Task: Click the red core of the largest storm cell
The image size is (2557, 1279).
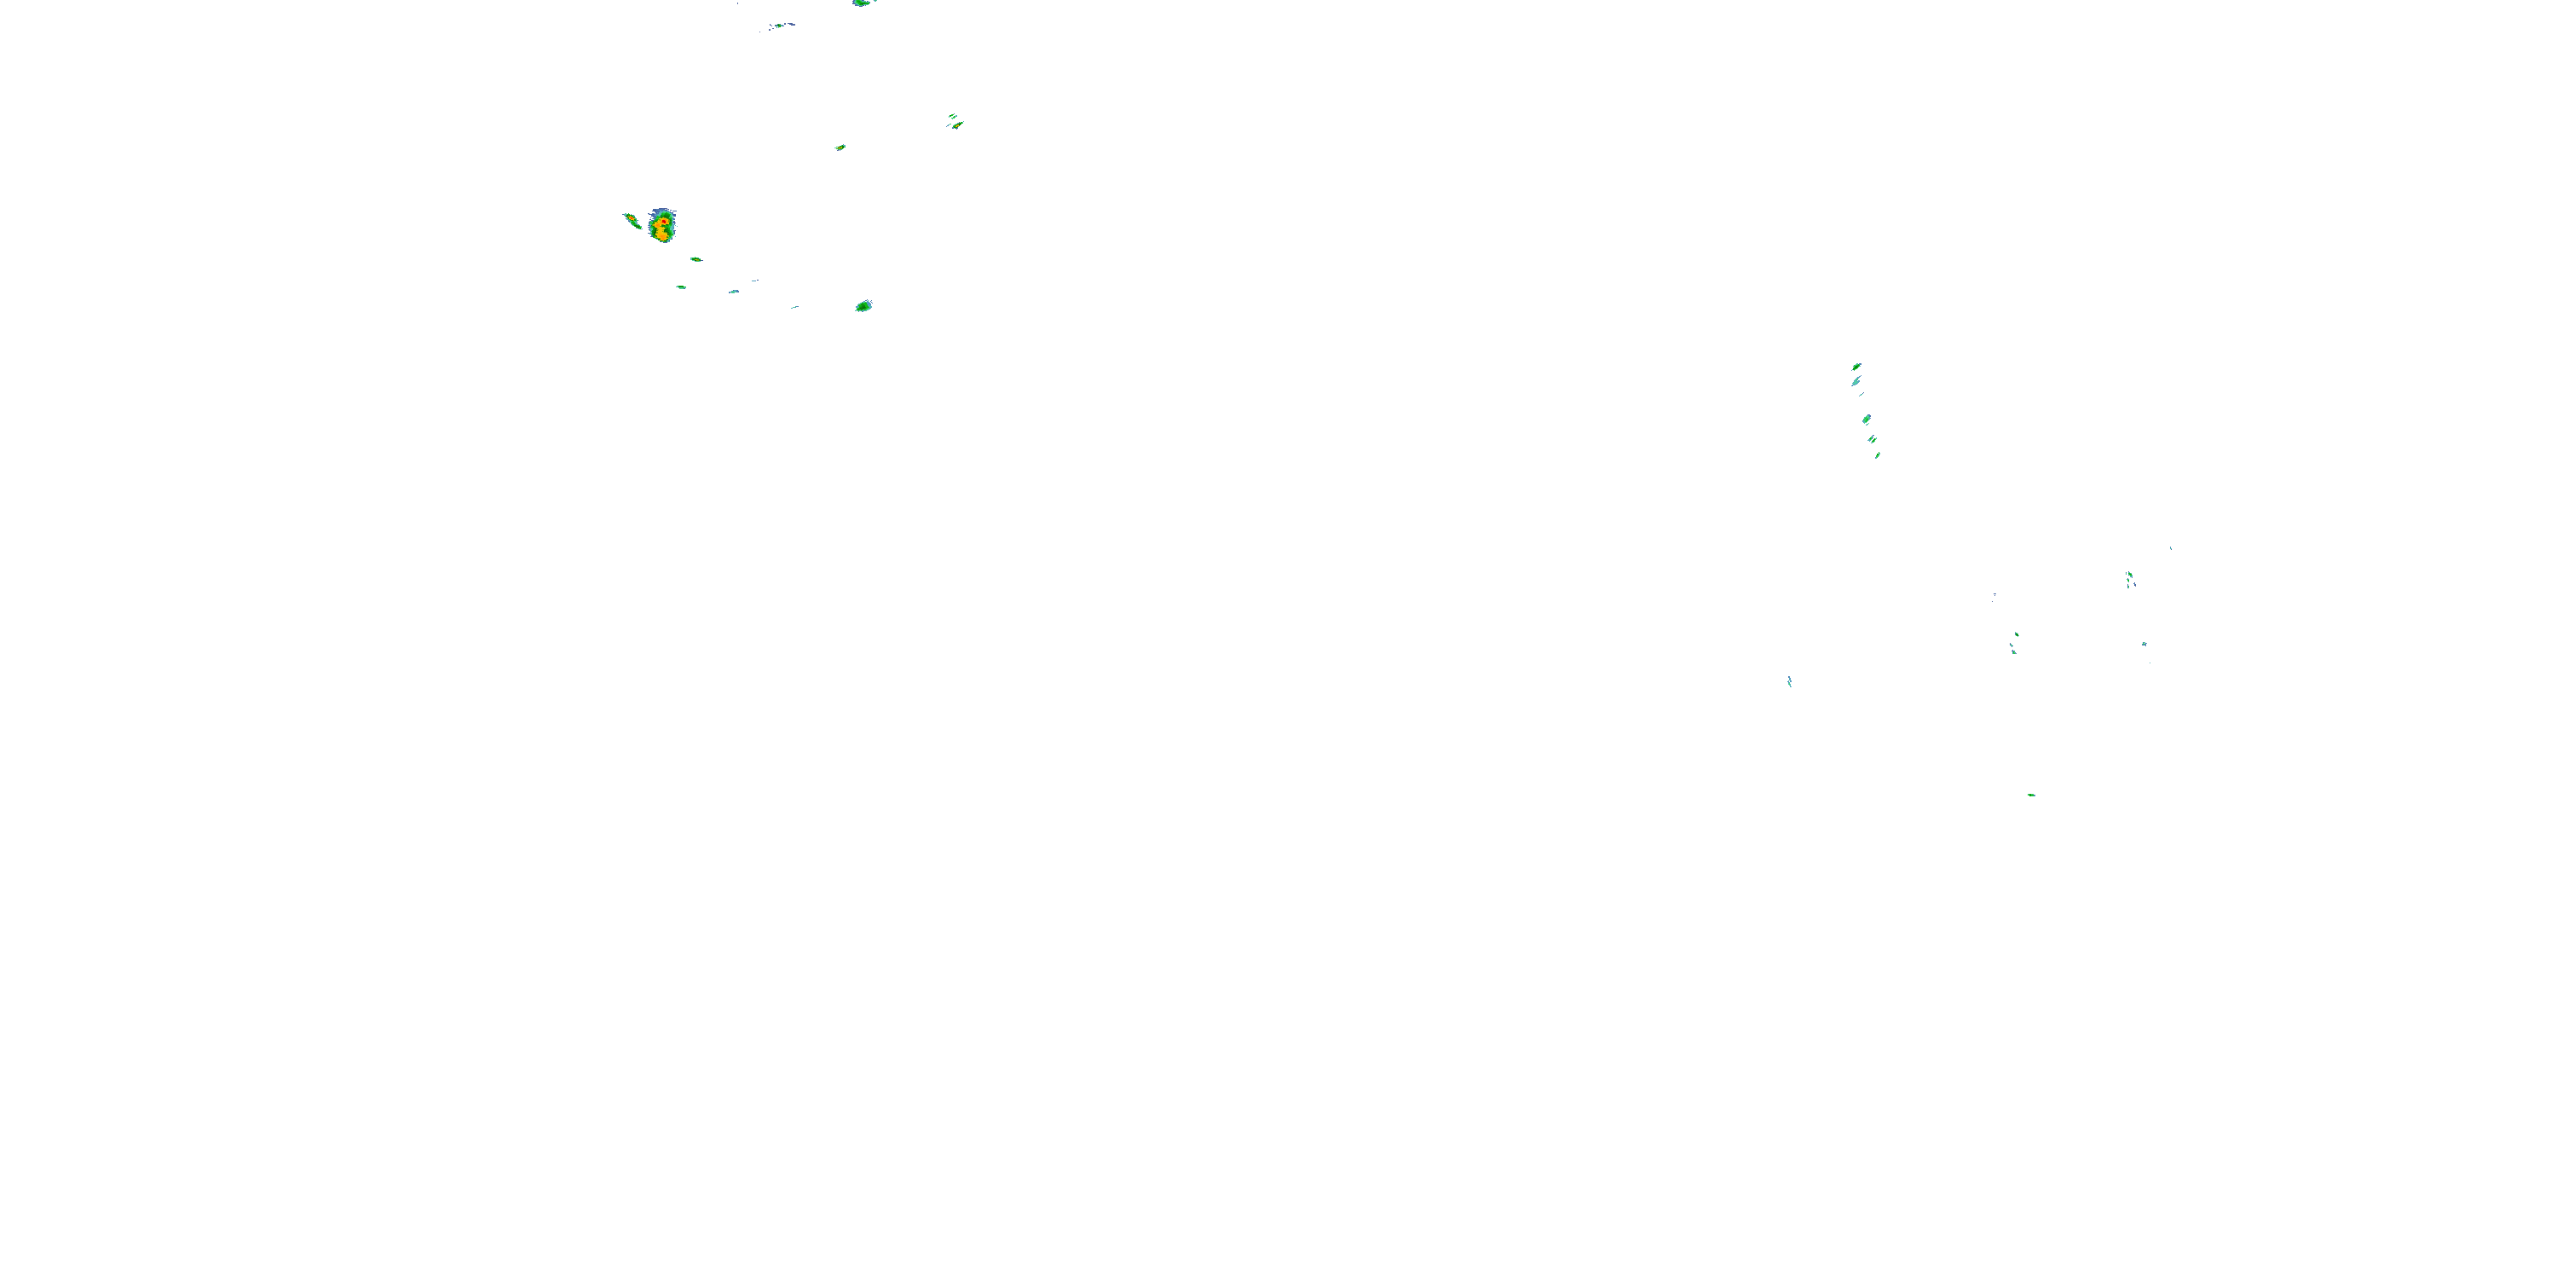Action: (x=662, y=222)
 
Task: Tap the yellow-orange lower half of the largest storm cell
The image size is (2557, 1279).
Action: (x=662, y=234)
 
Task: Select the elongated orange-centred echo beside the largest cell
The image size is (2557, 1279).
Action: (x=631, y=218)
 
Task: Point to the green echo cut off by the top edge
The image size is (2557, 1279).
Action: (x=861, y=3)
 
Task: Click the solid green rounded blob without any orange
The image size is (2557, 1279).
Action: (x=863, y=306)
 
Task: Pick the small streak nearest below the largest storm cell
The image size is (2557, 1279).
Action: (x=695, y=259)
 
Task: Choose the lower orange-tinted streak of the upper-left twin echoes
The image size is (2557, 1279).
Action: (x=958, y=125)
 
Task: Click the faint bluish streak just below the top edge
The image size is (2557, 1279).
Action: (x=782, y=25)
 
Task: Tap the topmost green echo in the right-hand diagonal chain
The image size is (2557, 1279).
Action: (x=1856, y=367)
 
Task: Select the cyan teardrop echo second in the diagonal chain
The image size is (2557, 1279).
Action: (x=1856, y=380)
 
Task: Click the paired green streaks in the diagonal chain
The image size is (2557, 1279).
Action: (x=1872, y=439)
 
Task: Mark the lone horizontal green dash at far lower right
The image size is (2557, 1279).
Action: (x=2031, y=795)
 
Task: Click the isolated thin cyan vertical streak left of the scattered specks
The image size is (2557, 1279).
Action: (x=1789, y=681)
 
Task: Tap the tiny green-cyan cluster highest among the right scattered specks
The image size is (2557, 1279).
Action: (x=2129, y=579)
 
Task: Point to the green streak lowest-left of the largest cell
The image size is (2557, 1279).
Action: (x=681, y=287)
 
